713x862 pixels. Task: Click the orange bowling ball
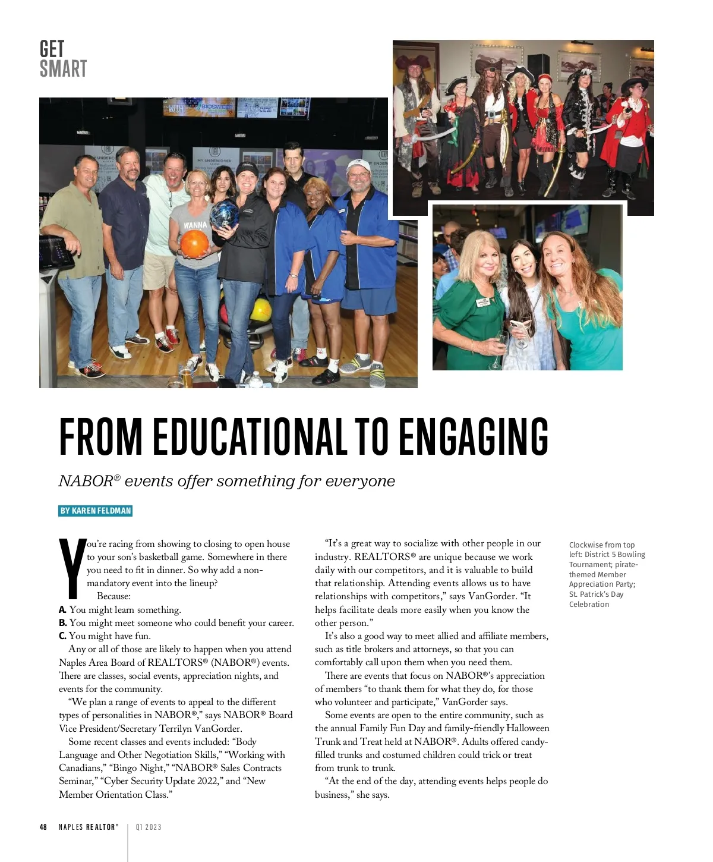coord(194,244)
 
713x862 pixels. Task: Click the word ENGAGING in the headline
coord(473,437)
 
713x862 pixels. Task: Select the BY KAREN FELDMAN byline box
coord(95,511)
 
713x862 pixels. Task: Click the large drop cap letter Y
coord(71,567)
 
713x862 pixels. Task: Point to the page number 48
coord(43,827)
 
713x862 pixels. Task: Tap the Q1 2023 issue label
coord(149,827)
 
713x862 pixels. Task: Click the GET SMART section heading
coord(63,59)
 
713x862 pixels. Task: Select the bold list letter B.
coord(62,623)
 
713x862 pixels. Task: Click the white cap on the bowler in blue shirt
coord(358,165)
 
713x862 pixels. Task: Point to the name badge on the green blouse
coord(482,301)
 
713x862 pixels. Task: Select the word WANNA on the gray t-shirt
coord(195,225)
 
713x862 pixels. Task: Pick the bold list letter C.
coord(62,636)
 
